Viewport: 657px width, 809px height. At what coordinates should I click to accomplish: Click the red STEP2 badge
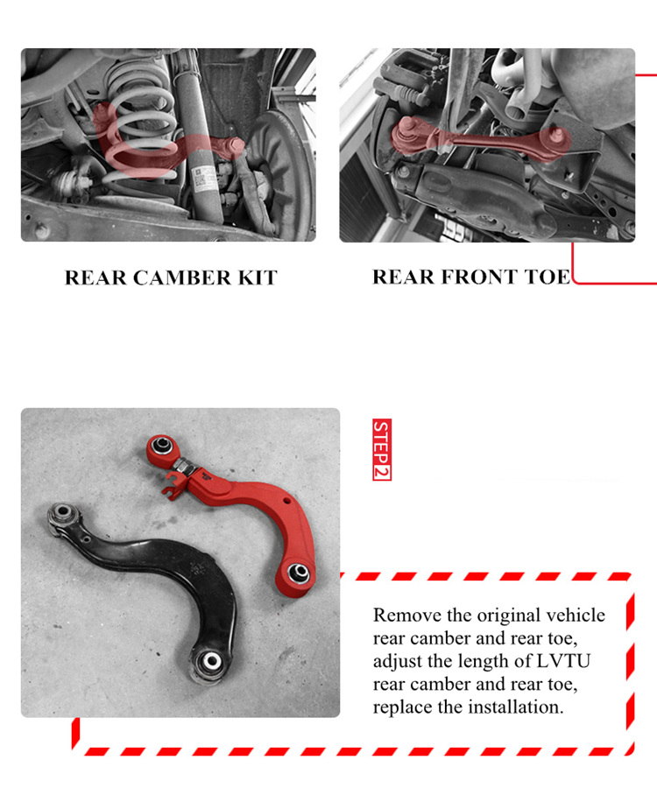381,449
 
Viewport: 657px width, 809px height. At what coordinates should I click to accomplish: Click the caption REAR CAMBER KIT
171,278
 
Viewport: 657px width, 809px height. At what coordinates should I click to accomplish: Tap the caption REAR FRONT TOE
471,277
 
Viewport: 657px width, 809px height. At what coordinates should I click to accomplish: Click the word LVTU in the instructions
560,661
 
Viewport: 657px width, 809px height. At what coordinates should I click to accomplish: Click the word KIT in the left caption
256,278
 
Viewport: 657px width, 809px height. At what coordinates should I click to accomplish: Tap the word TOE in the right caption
545,277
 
